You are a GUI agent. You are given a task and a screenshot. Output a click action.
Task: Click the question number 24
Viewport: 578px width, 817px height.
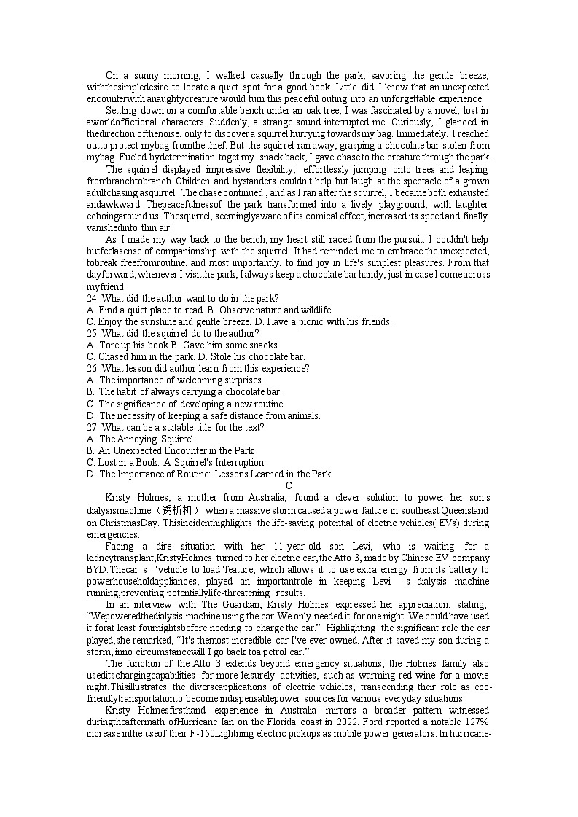click(x=92, y=298)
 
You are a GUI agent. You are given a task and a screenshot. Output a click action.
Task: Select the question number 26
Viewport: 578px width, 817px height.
click(x=92, y=368)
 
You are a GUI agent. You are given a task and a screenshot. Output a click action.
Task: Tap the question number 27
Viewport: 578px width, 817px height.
click(x=92, y=427)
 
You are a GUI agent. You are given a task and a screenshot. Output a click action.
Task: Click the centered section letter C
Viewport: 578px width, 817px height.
click(x=289, y=485)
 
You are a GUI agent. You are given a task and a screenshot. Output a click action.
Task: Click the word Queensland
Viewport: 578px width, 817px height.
click(x=464, y=510)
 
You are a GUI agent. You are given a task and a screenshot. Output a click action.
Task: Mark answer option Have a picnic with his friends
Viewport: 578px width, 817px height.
click(x=328, y=321)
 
